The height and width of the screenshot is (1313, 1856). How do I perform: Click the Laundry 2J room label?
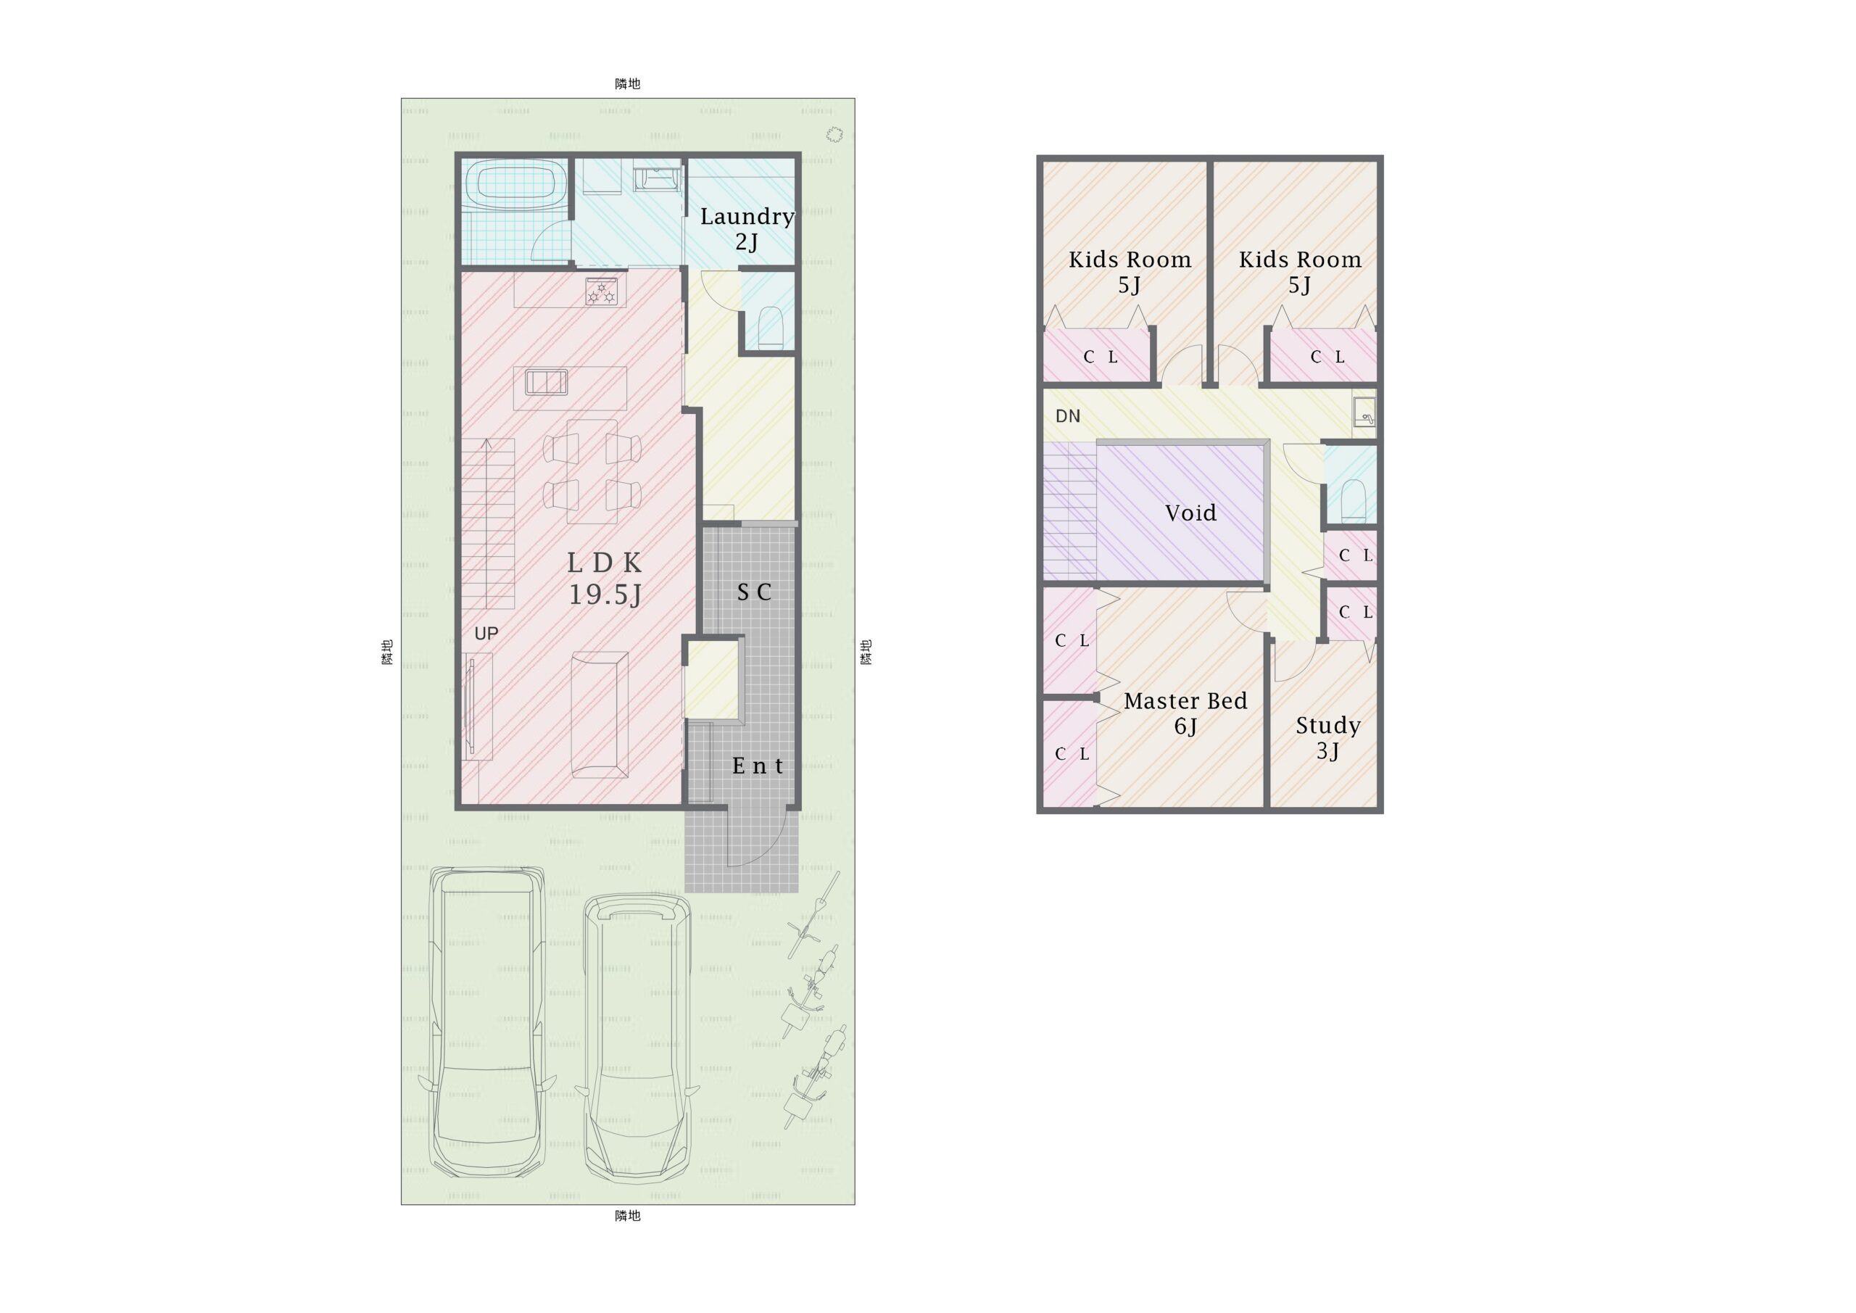point(747,229)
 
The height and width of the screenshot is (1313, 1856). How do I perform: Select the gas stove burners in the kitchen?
point(602,292)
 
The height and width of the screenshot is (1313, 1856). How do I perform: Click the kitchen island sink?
point(547,381)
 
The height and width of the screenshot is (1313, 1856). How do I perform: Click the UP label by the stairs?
point(486,633)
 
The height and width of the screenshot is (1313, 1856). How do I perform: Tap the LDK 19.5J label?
point(605,578)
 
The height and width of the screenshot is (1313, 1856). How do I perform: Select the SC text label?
point(754,592)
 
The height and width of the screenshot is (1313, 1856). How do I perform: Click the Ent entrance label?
point(758,766)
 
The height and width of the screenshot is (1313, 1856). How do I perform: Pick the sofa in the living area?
point(599,715)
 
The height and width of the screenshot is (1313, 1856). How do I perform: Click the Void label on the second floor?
point(1190,513)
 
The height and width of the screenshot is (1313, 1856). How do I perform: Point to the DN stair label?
point(1068,415)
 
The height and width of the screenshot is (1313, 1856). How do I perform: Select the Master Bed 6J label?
point(1185,713)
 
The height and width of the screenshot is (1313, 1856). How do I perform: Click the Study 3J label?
point(1328,738)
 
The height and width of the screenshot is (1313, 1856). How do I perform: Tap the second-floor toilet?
point(1353,500)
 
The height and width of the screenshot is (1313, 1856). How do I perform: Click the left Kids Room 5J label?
point(1130,272)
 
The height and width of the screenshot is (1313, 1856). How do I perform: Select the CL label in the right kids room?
point(1327,357)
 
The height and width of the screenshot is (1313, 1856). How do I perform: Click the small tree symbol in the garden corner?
point(834,134)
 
